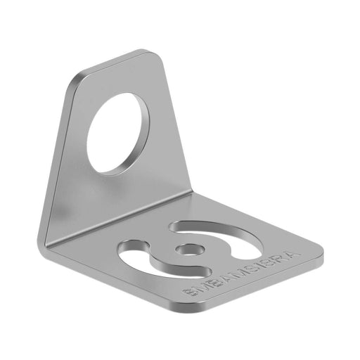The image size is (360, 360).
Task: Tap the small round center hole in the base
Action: [x=188, y=248]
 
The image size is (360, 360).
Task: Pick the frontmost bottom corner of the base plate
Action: [x=200, y=310]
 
